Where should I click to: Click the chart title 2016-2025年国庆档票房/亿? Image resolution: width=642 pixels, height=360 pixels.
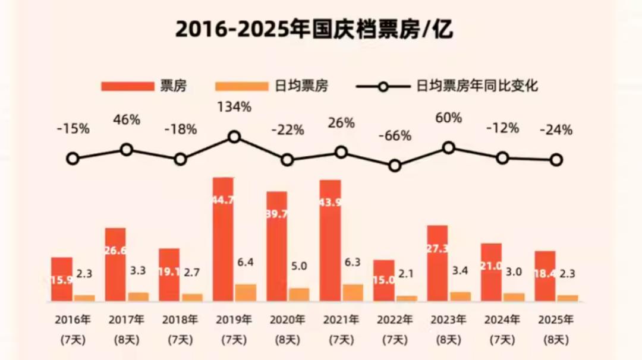click(314, 29)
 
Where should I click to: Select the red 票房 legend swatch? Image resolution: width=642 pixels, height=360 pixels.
click(127, 86)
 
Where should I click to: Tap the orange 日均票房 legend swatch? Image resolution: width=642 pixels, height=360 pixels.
click(242, 86)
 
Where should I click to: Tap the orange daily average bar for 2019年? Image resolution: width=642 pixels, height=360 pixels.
click(246, 292)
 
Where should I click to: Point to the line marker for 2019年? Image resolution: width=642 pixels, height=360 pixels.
click(234, 137)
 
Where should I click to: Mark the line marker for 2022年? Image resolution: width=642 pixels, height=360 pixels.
click(395, 166)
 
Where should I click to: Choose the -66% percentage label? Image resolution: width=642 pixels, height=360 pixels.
click(395, 135)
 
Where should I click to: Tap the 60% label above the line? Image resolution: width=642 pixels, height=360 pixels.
click(449, 118)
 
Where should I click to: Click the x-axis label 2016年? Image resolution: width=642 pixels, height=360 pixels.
click(73, 320)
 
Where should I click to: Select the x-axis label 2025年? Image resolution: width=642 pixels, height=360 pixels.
click(556, 320)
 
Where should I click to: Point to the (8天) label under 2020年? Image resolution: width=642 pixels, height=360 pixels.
click(288, 340)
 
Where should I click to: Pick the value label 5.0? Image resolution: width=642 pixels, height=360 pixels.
click(298, 266)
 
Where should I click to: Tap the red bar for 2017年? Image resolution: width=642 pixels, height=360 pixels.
click(115, 264)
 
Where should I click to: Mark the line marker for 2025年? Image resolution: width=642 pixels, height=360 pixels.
click(556, 159)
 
